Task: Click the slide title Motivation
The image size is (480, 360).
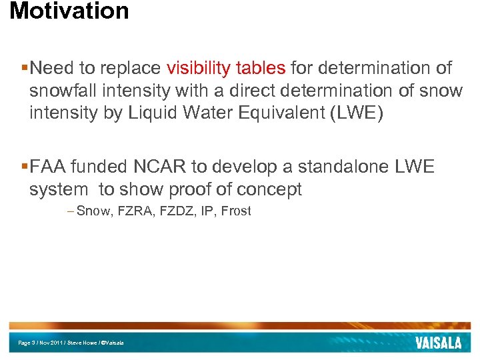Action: [x=69, y=11]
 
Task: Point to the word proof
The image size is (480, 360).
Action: [x=169, y=189]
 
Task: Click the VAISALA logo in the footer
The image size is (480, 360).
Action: [x=438, y=343]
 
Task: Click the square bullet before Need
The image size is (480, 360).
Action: [x=25, y=68]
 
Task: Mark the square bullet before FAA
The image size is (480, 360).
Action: [x=25, y=167]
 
